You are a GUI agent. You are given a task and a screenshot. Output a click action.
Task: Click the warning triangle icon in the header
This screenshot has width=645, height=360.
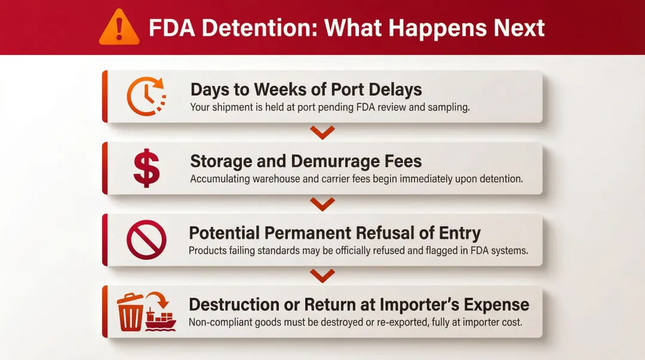118,27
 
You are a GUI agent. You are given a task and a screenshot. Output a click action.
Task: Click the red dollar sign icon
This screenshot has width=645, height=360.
146,168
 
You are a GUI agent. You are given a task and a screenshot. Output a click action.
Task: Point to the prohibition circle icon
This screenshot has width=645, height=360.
146,239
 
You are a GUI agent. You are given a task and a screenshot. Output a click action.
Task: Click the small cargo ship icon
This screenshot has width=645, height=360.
161,319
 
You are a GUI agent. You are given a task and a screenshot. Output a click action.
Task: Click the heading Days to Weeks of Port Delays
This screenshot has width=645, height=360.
306,90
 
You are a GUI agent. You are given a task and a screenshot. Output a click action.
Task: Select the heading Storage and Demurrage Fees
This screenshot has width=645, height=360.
306,161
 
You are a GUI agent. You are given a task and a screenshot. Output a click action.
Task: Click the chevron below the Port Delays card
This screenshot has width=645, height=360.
322,133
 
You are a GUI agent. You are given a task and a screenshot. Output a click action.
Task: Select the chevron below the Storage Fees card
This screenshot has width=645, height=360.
322,204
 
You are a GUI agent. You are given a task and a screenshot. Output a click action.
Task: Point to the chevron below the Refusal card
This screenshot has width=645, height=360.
322,275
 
